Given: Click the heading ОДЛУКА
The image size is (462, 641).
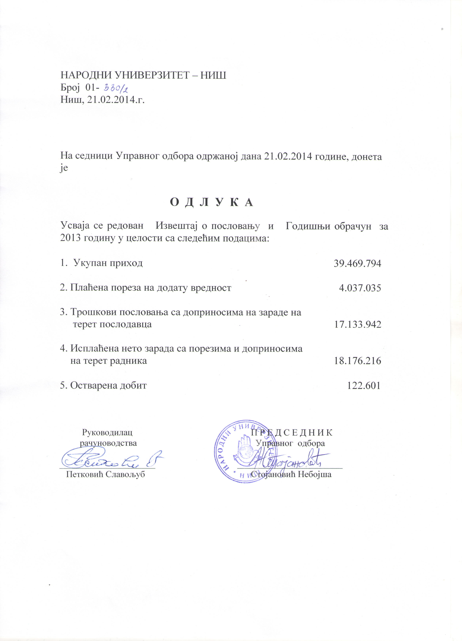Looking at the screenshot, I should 211,202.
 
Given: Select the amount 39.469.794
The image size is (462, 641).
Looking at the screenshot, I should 357,264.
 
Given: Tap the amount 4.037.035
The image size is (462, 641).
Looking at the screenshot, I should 360,288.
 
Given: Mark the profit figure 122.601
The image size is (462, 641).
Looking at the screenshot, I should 363,385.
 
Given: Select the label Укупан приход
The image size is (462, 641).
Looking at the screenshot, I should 108,263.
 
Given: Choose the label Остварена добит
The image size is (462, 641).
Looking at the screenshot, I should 108,385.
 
